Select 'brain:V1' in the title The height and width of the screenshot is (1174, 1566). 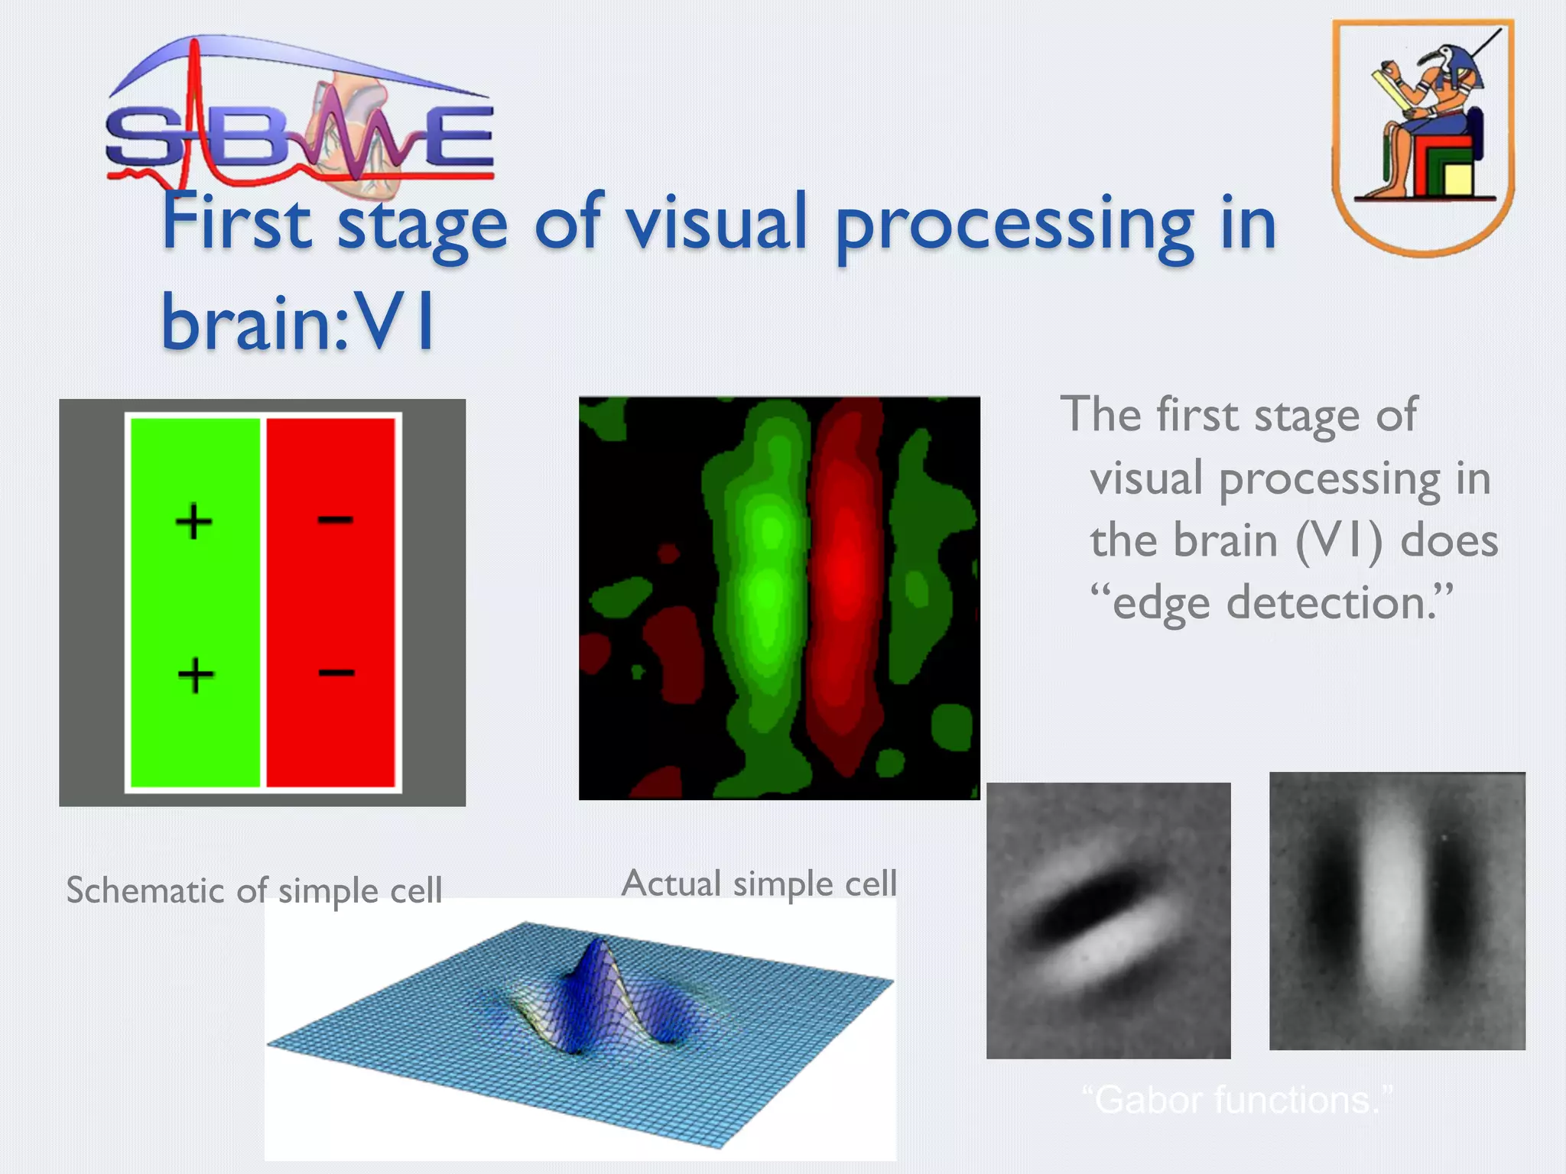(298, 323)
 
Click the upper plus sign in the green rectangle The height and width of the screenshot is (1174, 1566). (193, 521)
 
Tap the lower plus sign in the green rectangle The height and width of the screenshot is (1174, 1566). (196, 675)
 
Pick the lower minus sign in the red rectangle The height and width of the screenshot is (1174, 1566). (336, 673)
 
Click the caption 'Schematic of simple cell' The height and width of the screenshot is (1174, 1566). (254, 890)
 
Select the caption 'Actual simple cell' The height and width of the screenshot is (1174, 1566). (759, 884)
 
